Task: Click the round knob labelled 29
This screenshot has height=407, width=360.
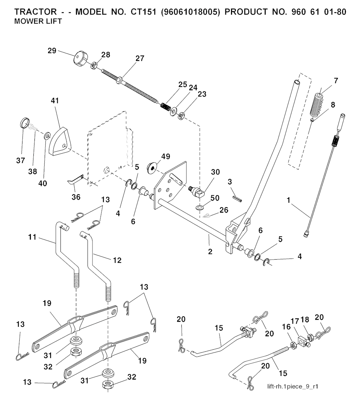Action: pos(80,58)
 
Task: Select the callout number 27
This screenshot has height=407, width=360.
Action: pos(140,58)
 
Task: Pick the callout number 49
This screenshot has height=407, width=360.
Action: pos(166,156)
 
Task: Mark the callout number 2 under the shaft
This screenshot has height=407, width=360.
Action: pos(210,252)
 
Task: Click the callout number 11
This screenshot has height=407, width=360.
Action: pos(32,237)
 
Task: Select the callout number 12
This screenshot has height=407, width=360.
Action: pos(117,260)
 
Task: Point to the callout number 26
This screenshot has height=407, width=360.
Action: pos(224,210)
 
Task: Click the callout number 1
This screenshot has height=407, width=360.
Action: pos(289,201)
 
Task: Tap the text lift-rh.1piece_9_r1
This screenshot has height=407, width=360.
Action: pos(293,387)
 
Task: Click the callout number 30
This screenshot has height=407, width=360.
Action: pos(215,172)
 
